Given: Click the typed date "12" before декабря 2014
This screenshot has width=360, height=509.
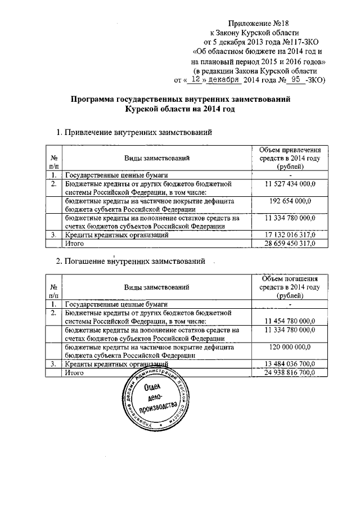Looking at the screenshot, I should [x=195, y=80].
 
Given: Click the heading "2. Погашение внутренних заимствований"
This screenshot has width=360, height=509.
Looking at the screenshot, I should [x=130, y=261].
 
